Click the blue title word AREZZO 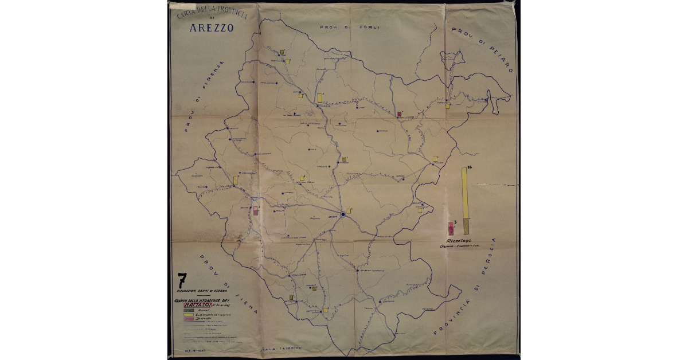tap(212, 29)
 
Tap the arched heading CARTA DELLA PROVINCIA tap(212, 13)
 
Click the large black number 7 tap(182, 280)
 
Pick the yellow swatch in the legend tap(187, 315)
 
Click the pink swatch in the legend tap(187, 319)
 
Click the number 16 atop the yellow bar tap(469, 166)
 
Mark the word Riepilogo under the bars tap(456, 241)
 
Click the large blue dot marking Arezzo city tap(343, 214)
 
